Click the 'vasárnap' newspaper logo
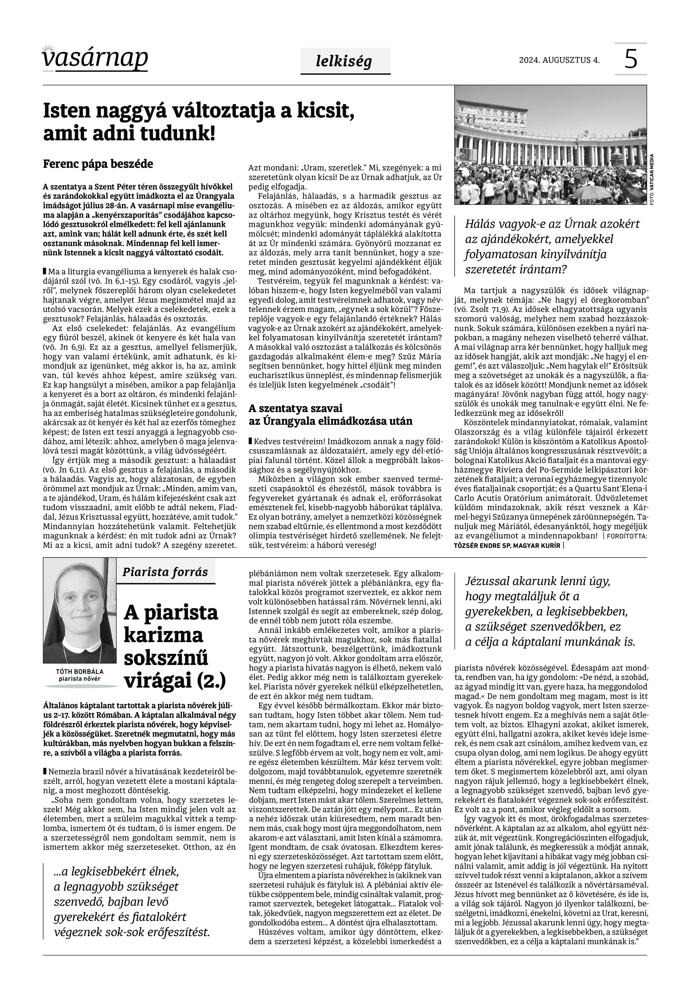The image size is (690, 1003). click(x=95, y=57)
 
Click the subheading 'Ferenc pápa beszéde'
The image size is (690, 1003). click(x=98, y=164)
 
